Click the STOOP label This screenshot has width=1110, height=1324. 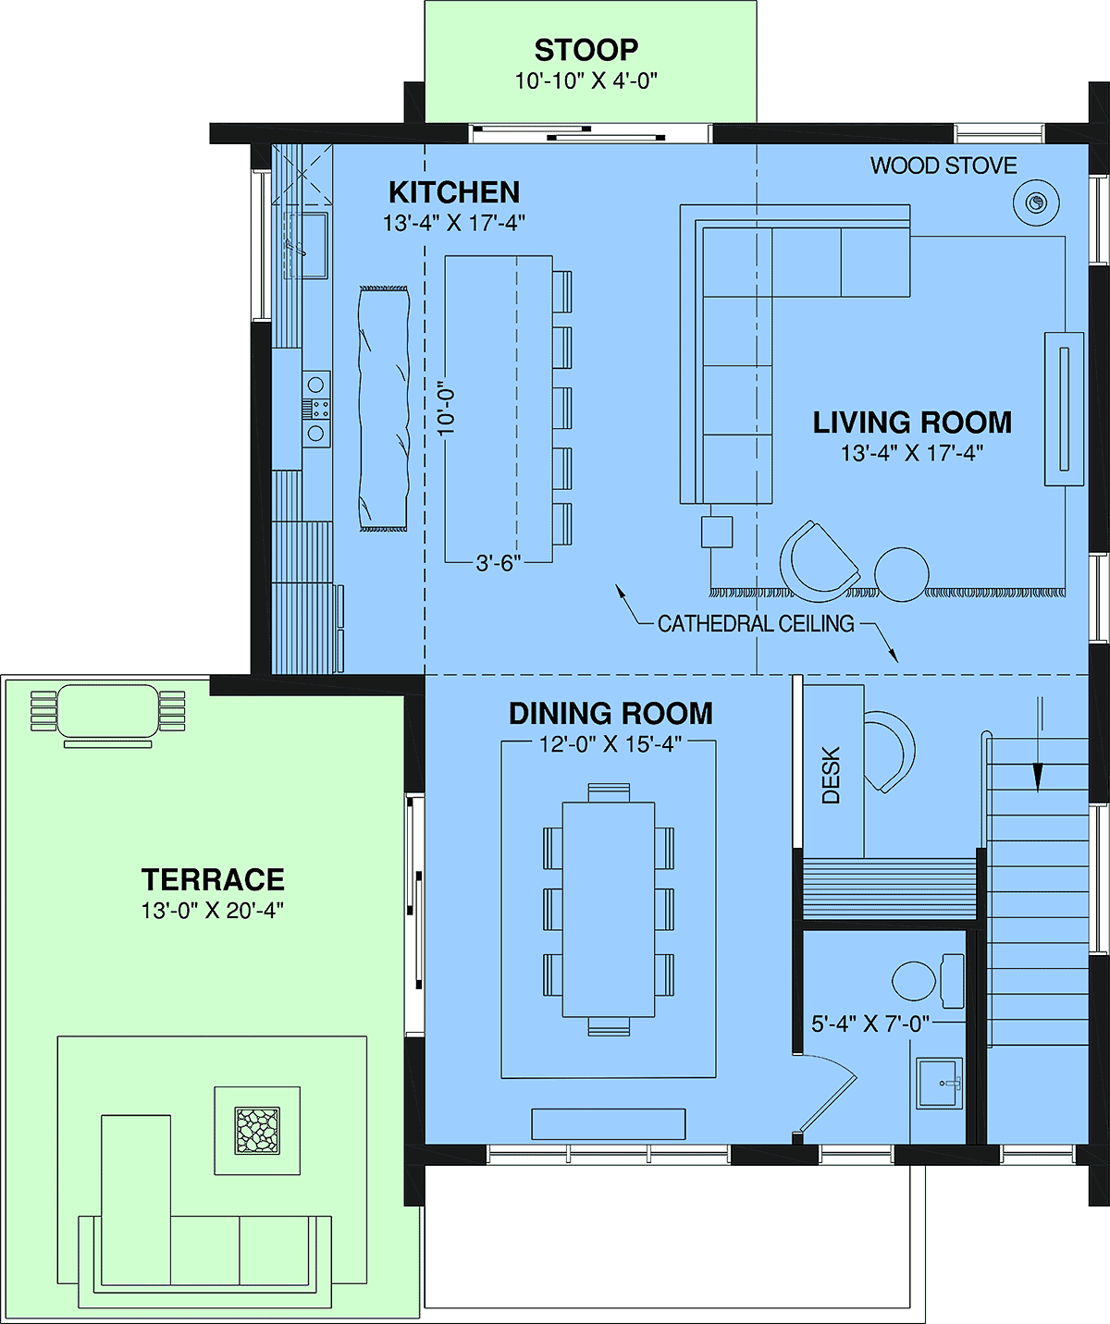coord(586,49)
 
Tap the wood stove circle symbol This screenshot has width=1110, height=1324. coord(1036,202)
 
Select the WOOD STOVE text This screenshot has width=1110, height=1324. coord(943,165)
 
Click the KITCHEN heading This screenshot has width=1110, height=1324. coord(454,192)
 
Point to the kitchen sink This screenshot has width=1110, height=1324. coord(306,245)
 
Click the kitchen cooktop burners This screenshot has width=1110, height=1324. coord(315,409)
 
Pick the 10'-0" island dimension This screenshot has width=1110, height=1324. coord(447,412)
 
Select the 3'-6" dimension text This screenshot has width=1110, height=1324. coord(499,562)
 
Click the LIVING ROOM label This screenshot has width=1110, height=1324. coord(912,423)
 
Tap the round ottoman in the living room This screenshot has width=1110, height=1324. coord(901,574)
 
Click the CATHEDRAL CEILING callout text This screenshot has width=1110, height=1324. coord(756,623)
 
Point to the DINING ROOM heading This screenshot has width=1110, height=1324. coord(610,714)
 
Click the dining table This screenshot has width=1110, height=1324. coord(609,909)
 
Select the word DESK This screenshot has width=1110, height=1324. coord(831,775)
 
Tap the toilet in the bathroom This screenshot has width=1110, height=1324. coord(928,980)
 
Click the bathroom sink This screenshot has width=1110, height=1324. coord(940,1084)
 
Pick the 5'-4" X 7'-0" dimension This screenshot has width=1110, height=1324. coord(870,1024)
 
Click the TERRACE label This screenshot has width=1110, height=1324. coord(213,879)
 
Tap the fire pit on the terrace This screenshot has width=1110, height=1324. coord(257,1130)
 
